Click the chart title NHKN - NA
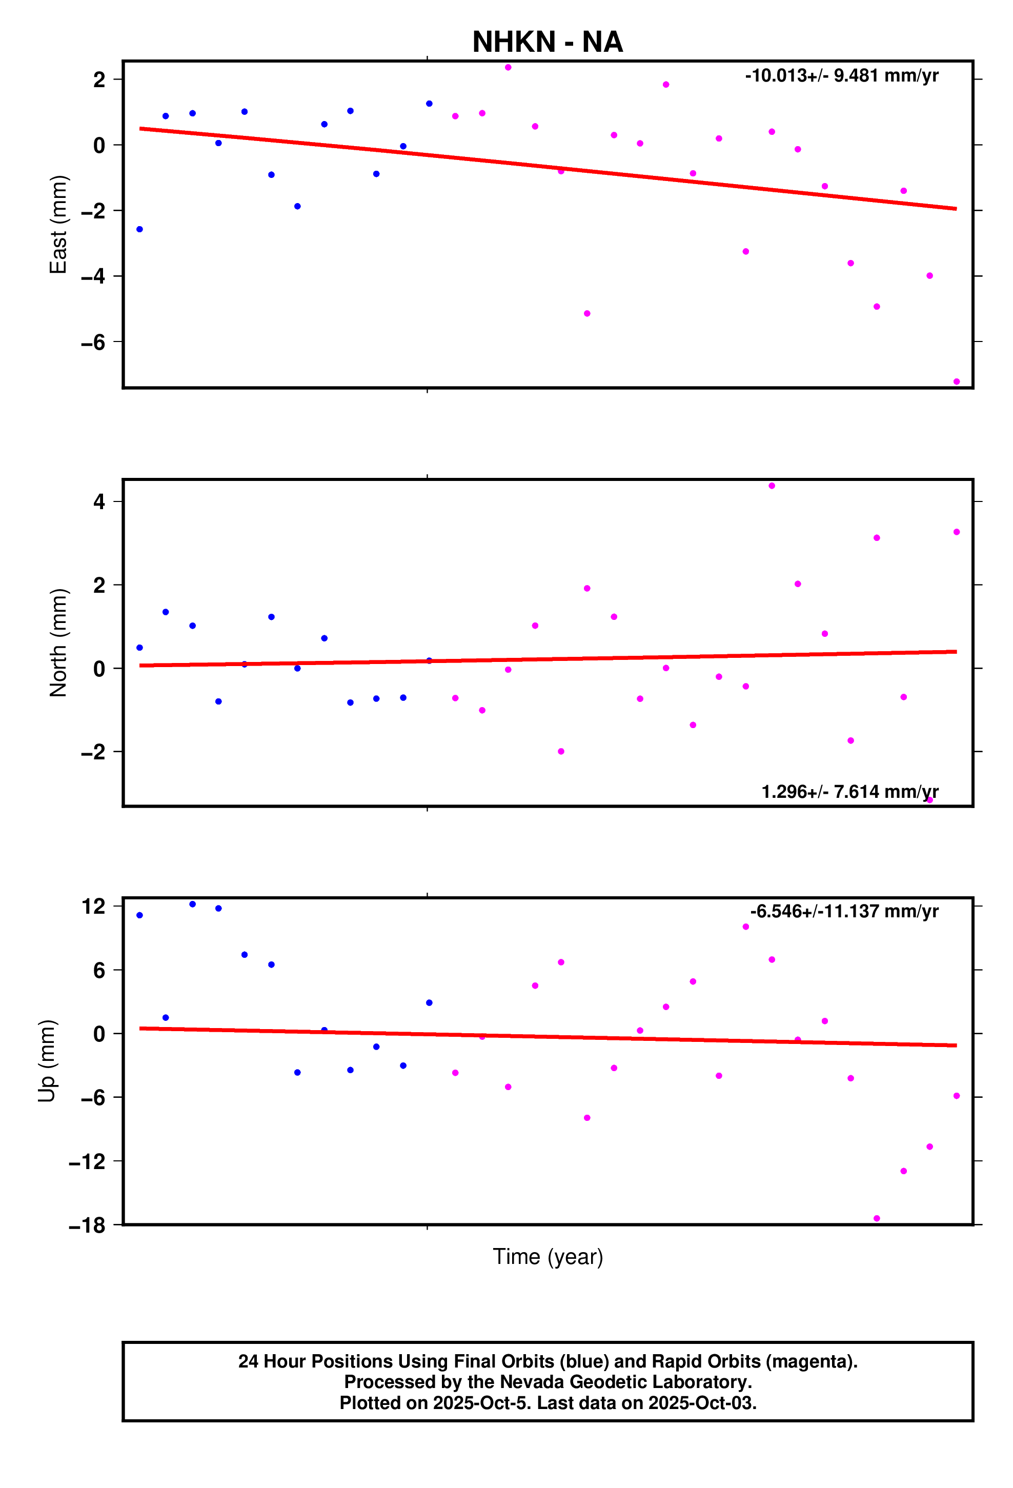coord(547,42)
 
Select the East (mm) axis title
coord(58,224)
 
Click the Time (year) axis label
coord(548,1256)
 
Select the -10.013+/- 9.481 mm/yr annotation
coord(841,75)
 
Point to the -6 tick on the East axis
coord(93,342)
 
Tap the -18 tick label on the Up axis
coord(87,1225)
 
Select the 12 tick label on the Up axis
coord(93,906)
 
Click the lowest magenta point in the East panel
coord(956,381)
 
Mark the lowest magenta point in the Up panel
coord(877,1218)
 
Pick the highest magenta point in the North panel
coord(772,486)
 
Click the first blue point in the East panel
coord(139,229)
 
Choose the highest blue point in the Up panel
coord(193,904)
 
